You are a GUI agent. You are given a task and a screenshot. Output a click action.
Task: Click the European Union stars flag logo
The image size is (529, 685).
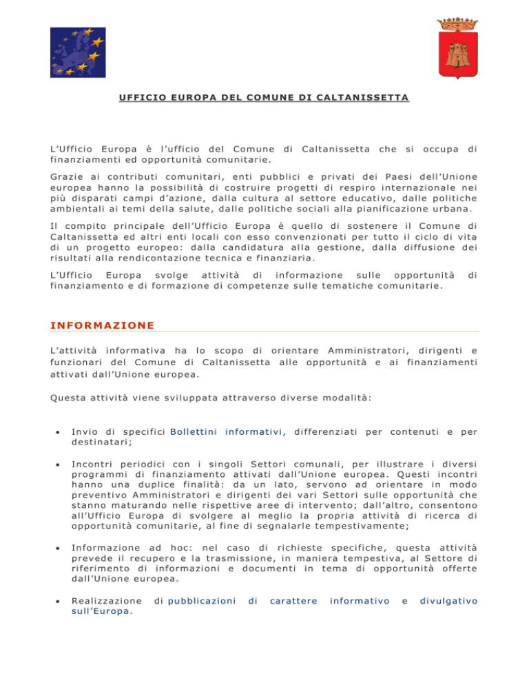pos(77,53)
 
